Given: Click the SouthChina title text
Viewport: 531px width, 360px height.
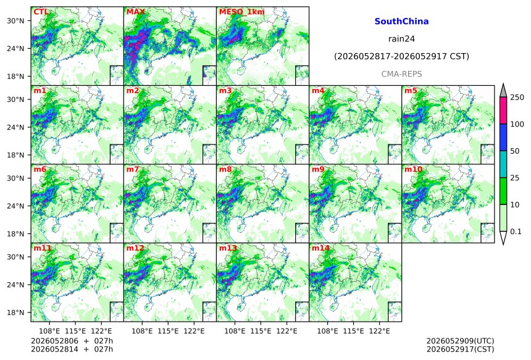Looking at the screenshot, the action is tap(401, 22).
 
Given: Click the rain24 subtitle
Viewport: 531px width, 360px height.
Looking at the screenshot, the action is tap(401, 39).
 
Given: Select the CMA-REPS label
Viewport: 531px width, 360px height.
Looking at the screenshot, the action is tap(401, 74).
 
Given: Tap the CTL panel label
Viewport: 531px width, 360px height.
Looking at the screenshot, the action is tap(41, 12).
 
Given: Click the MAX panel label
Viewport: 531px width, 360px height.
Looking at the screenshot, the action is tap(135, 12).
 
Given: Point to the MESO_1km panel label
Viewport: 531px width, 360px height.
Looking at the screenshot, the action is tap(242, 12).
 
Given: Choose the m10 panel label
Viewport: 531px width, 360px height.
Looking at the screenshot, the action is tap(413, 169).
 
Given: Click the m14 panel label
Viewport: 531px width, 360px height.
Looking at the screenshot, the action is tap(320, 248).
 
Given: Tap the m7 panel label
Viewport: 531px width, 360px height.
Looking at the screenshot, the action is tap(133, 169).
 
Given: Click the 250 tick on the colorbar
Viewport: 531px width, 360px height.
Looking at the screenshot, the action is tap(517, 98).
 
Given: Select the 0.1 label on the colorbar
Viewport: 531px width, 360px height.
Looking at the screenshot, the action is tap(516, 232).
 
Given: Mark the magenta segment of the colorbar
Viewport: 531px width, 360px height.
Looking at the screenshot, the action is tap(503, 111).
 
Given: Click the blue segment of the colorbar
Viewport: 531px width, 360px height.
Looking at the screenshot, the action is tap(503, 137).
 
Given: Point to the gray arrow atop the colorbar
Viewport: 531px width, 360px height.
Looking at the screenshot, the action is tap(503, 90).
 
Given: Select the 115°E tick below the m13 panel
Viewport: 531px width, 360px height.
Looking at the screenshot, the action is tap(261, 331).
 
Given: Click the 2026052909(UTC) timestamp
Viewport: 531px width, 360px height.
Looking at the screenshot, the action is tap(460, 341).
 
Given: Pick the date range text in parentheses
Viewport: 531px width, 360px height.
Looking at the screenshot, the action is tap(401, 57).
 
